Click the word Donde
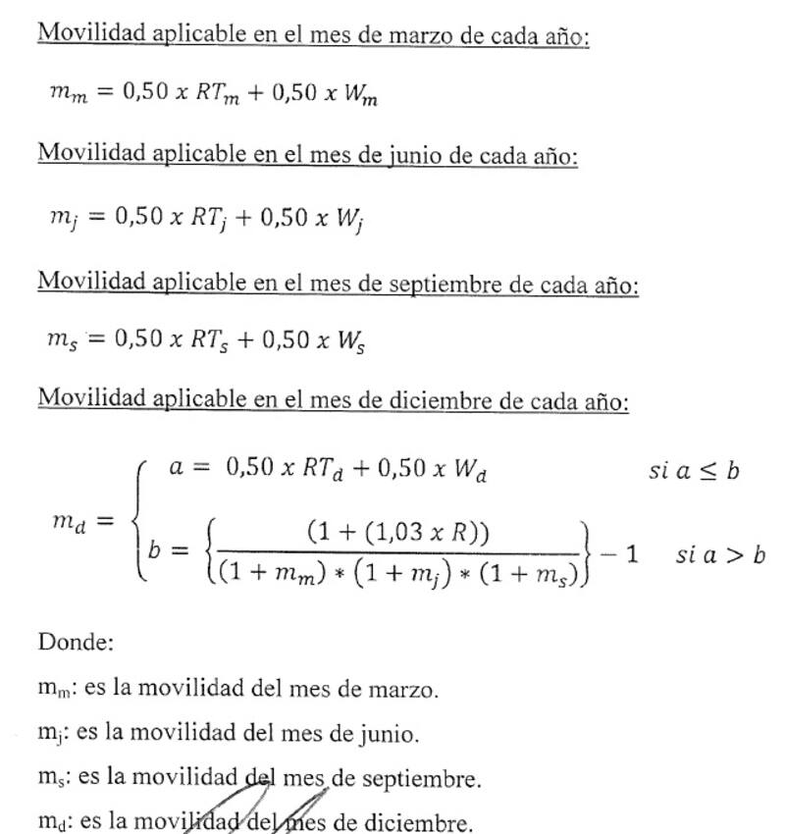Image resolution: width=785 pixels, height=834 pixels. click(77, 643)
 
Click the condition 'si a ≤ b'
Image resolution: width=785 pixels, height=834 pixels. click(694, 471)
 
